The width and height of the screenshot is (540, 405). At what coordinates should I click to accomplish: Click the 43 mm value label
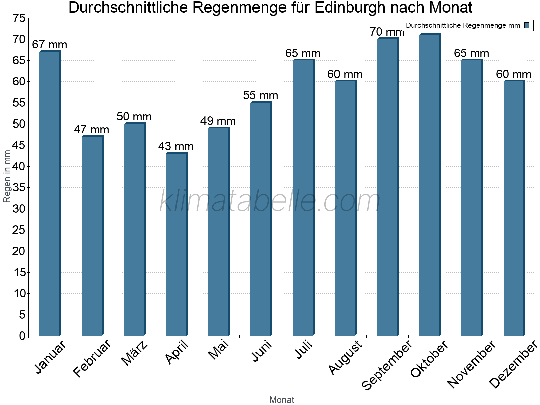coord(176,146)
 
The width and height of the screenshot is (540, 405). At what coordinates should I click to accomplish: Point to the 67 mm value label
coord(50,45)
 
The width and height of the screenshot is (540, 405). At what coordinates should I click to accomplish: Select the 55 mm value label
coord(261,96)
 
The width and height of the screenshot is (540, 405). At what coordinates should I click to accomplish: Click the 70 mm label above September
coord(387,32)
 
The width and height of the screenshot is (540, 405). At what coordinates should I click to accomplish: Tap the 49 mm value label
coord(218,121)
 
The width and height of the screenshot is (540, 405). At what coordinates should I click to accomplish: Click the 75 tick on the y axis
coord(19,18)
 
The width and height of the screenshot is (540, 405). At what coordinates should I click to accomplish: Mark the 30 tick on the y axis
coord(19,209)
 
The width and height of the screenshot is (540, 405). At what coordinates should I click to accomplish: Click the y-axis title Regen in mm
coord(7,176)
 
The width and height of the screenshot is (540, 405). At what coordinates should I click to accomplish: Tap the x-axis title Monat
coord(282,400)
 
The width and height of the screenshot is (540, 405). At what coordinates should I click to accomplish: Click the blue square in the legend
coord(527,25)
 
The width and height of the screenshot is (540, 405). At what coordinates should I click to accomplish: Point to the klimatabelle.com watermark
coord(270,201)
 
